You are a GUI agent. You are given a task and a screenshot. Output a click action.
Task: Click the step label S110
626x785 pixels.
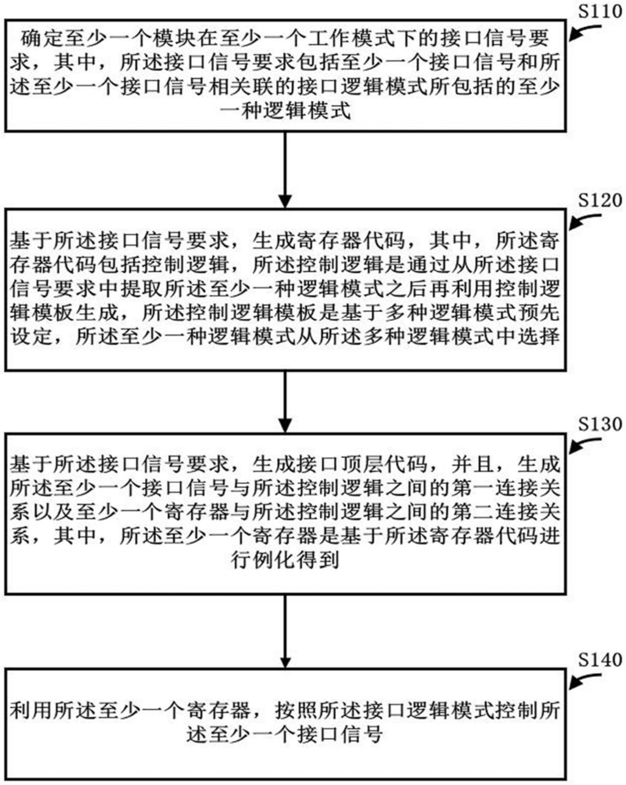coord(600,12)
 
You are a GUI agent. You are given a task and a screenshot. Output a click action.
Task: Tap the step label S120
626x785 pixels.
coord(600,201)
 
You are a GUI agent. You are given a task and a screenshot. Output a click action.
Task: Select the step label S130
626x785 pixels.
coord(600,424)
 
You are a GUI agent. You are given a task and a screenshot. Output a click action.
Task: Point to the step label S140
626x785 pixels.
coord(600,660)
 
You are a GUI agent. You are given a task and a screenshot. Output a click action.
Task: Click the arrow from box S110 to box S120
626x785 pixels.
coord(285,170)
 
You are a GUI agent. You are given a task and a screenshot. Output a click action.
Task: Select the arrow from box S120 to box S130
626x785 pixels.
coord(285,402)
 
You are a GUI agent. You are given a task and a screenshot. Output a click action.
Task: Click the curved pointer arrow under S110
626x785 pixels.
coord(585,32)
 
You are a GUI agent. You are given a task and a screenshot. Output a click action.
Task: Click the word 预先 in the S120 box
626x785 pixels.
coord(538,313)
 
